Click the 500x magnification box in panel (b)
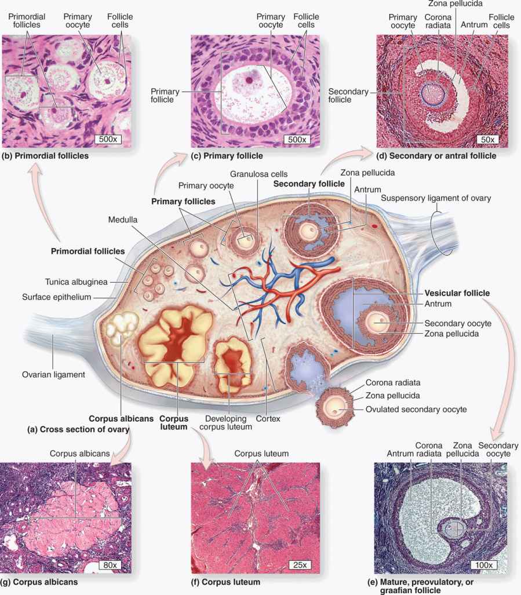pos(108,139)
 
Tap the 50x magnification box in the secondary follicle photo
pos(487,139)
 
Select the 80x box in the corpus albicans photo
pos(110,565)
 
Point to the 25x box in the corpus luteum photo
pos(300,565)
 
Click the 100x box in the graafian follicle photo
pos(484,565)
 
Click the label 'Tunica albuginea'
pos(76,282)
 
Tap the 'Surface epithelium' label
pos(57,297)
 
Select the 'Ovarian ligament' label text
pos(53,374)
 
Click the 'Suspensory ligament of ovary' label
pos(436,198)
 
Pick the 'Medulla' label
pos(122,220)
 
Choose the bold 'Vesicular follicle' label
pos(457,293)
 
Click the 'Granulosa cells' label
pos(259,174)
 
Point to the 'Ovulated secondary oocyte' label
pos(416,410)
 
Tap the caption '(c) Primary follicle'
pos(228,156)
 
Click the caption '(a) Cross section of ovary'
pos(78,429)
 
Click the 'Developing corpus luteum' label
pos(226,423)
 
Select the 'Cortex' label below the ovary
pos(268,418)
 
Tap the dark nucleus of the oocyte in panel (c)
pos(249,80)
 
